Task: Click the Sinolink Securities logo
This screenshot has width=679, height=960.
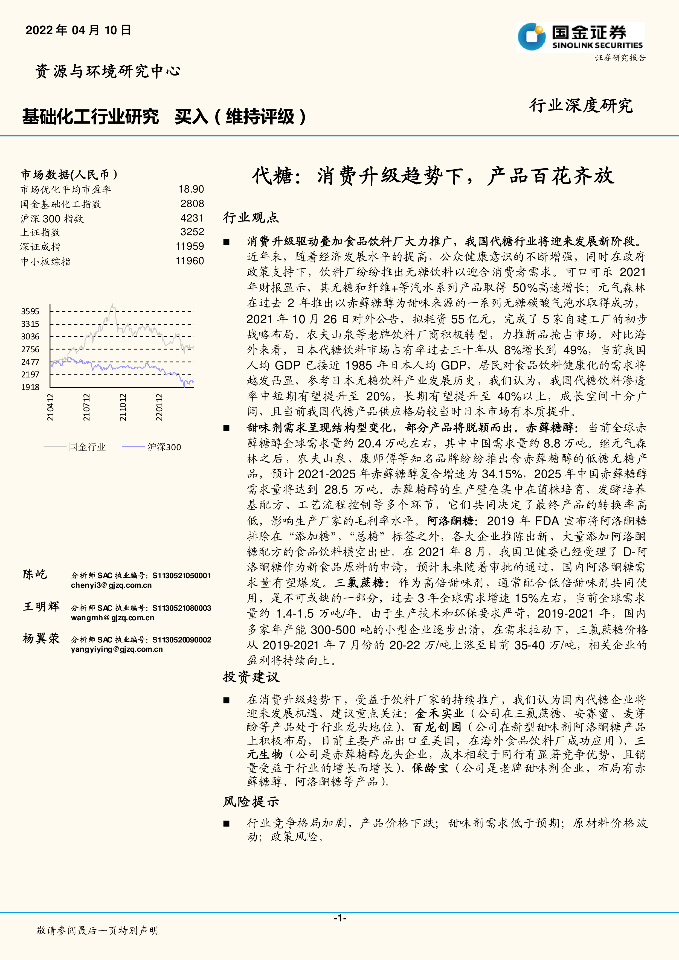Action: pos(580,38)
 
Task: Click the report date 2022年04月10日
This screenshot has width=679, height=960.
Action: pos(79,30)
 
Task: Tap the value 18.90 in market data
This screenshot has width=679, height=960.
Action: pos(191,190)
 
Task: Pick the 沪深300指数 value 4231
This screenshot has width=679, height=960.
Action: pos(192,218)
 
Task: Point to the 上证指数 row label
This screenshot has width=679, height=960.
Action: pos(40,232)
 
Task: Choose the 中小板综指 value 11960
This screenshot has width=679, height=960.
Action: pos(190,261)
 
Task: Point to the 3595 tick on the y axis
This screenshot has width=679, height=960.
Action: pos(30,312)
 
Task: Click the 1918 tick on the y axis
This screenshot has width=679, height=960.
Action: pos(30,387)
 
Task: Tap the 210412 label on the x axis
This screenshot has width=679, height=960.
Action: pos(50,407)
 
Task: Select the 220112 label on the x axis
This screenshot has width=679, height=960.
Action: pos(159,407)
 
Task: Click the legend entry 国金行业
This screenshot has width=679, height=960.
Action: pos(87,447)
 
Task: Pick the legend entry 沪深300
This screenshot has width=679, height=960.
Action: pos(164,447)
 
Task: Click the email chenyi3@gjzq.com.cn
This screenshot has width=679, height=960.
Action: pos(111,585)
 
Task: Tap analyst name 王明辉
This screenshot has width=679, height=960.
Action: pos(41,606)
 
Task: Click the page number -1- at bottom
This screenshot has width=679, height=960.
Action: pos(339,918)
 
